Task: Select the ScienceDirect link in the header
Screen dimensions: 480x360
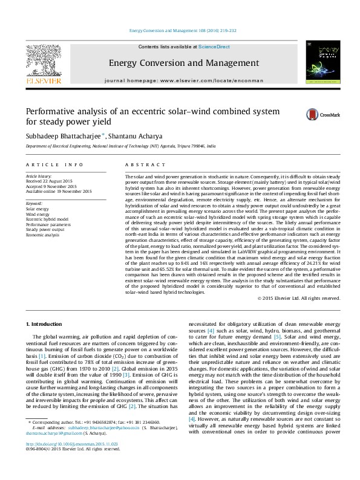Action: coord(214,47)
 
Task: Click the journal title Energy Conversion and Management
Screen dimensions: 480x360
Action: coord(183,63)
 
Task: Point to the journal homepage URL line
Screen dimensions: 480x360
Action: coord(184,80)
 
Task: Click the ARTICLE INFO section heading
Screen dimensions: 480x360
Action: coord(54,164)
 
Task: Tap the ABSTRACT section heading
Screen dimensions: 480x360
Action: coord(140,164)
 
